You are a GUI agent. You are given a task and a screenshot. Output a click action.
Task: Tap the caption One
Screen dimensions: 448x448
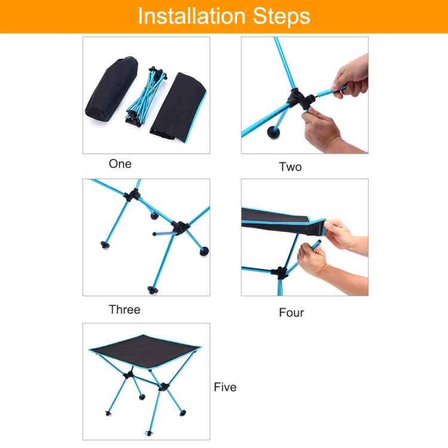tap(120, 164)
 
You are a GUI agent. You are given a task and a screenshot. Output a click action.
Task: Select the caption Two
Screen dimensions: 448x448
tap(290, 167)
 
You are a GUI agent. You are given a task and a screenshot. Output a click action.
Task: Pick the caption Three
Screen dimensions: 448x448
tap(124, 309)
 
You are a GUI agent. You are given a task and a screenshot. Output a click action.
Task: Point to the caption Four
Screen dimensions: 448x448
tap(291, 312)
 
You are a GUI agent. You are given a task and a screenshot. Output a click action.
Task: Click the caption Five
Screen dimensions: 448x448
tap(225, 387)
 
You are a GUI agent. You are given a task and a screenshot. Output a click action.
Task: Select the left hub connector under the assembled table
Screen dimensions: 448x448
tap(128, 376)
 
